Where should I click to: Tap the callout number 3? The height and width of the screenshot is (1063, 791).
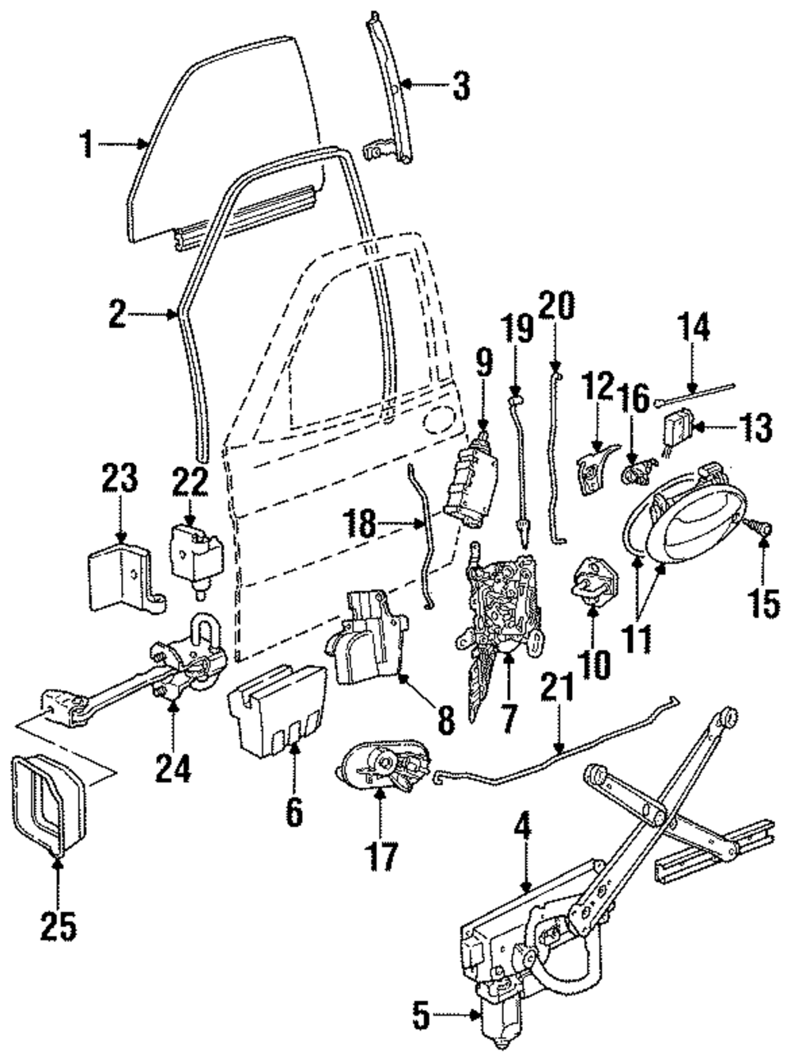coord(461,85)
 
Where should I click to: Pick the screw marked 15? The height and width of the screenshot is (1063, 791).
coord(761,530)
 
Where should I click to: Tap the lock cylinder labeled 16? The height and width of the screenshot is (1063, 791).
coord(638,472)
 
